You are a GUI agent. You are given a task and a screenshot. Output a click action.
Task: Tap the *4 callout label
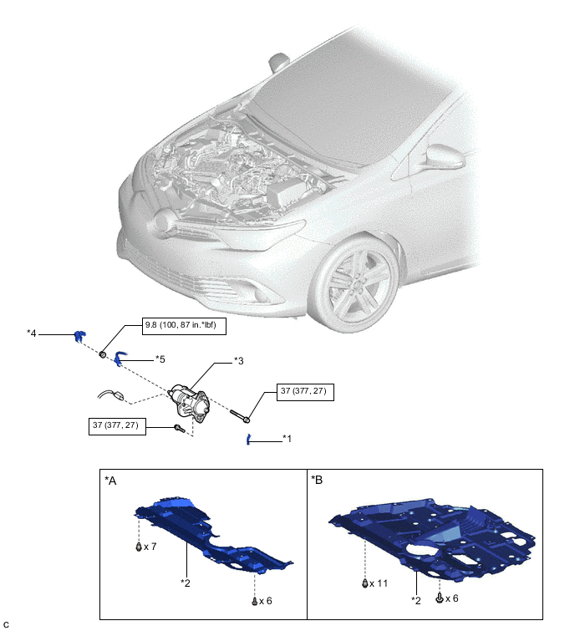[32, 333]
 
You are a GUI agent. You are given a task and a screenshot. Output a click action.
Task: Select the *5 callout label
[161, 359]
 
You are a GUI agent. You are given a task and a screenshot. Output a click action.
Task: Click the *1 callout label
[287, 437]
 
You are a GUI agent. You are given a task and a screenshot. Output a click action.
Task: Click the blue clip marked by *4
[78, 336]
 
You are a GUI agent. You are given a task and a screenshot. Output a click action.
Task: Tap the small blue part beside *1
[248, 440]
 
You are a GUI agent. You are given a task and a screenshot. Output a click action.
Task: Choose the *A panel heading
[112, 481]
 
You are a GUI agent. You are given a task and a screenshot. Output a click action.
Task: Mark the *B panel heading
[318, 481]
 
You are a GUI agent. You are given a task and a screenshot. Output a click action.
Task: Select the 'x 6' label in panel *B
[453, 599]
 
